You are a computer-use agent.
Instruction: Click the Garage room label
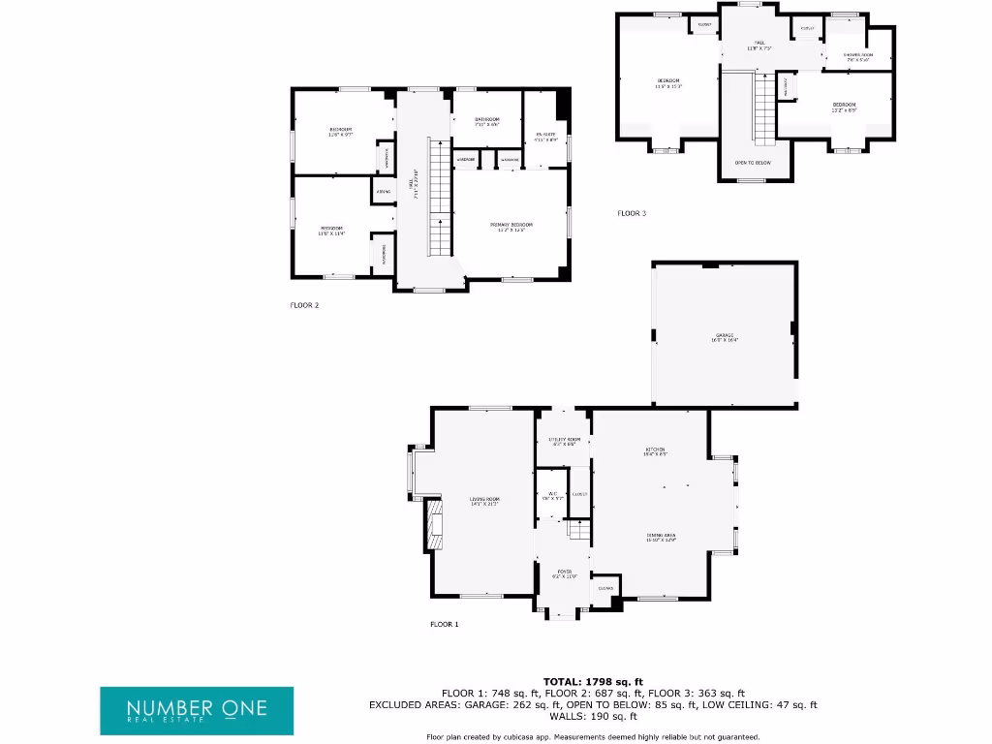(x=725, y=337)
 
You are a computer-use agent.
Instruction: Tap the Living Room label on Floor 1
(x=483, y=501)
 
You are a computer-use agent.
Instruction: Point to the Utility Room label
(x=564, y=442)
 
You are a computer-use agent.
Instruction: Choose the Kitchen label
(x=656, y=451)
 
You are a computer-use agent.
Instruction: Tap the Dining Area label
(x=662, y=537)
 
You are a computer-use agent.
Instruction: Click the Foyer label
(x=564, y=573)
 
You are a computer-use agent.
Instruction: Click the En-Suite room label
(x=544, y=137)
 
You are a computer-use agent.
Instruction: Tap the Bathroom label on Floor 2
(x=486, y=121)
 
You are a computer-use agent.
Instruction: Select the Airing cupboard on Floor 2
(x=382, y=192)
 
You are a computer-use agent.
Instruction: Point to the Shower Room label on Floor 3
(x=856, y=57)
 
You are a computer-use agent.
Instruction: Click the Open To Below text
(x=753, y=163)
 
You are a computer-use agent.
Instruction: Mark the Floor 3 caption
(x=632, y=213)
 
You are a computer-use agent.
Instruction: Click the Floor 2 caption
(x=304, y=305)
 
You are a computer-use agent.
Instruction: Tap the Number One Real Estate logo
(x=197, y=710)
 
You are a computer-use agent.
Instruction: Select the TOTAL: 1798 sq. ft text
(x=593, y=682)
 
